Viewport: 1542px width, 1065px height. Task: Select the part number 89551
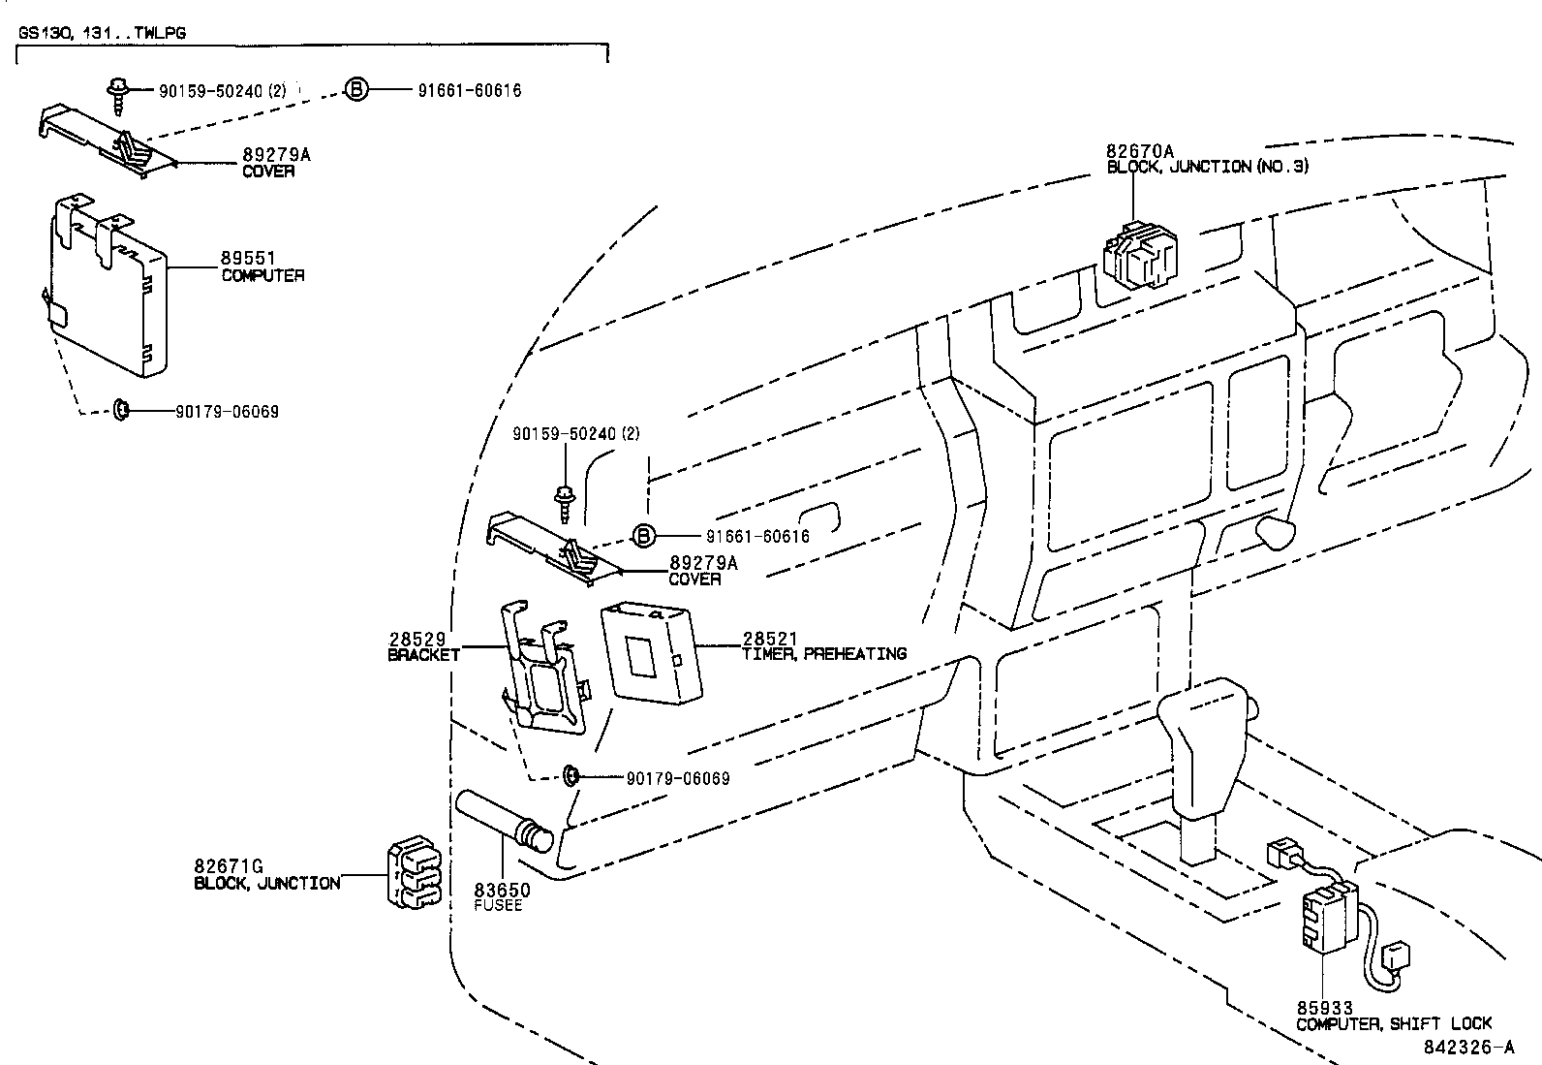248,259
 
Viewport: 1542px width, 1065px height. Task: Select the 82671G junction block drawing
415,873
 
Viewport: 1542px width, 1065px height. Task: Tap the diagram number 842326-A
1468,1048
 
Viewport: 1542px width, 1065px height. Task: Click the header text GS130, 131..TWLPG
102,32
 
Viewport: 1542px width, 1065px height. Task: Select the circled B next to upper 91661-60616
357,91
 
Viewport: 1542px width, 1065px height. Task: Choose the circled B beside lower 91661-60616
644,536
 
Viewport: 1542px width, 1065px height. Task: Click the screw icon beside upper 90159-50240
117,94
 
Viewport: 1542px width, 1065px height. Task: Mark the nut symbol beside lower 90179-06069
572,776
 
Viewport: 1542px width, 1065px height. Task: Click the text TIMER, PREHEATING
824,654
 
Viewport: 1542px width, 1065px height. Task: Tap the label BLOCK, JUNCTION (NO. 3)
1207,167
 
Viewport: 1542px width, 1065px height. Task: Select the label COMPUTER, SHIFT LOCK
1394,1023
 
